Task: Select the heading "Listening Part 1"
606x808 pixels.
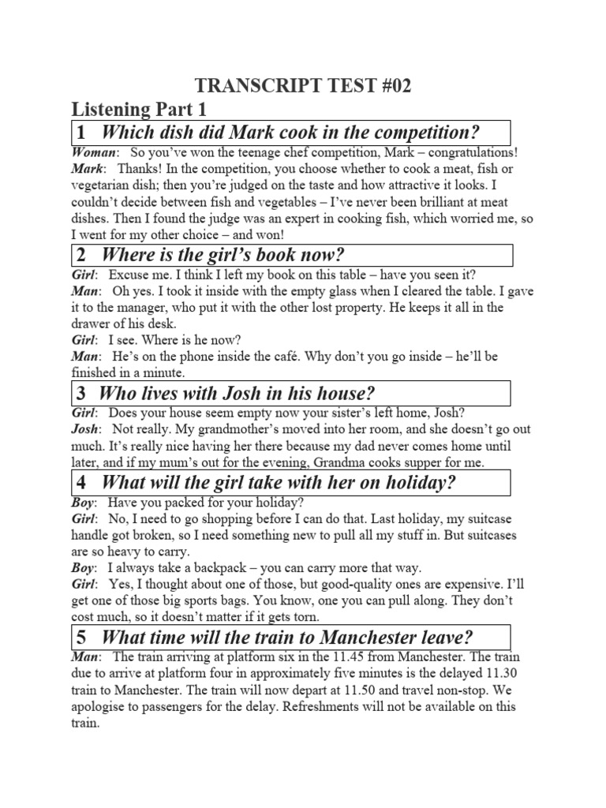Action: [x=139, y=110]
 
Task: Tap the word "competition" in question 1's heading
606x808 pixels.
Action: [x=431, y=132]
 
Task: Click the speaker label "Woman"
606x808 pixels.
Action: [x=94, y=152]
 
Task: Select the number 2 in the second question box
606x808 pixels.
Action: [x=81, y=255]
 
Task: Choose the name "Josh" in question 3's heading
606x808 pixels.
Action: [x=234, y=393]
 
